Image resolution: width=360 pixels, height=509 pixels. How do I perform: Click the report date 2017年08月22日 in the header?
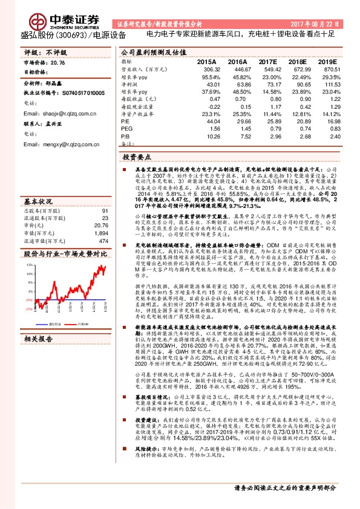325,23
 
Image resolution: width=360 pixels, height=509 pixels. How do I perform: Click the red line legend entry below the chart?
88,323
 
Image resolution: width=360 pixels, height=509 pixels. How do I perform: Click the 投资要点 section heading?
137,157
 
